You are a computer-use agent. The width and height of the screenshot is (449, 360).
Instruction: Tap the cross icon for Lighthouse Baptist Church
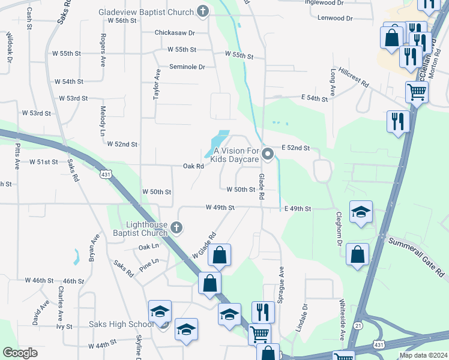coord(176,227)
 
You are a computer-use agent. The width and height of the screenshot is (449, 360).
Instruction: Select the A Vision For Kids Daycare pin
coord(268,155)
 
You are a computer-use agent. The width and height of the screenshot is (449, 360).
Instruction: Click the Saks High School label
coord(121,325)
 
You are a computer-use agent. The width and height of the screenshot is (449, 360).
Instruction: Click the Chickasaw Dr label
coord(175,32)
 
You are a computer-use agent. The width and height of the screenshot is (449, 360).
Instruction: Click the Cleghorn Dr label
coord(339,228)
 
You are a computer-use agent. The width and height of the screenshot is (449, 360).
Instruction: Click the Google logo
coord(20,353)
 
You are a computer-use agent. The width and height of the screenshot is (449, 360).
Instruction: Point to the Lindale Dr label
coord(305,314)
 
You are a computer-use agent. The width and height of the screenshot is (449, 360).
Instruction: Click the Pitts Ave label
coord(17,155)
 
